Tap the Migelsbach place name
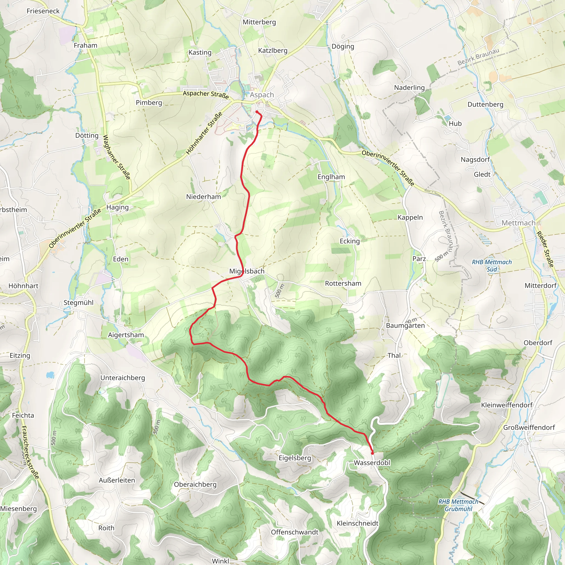[x=247, y=271]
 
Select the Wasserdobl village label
[x=372, y=463]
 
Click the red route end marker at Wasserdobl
[x=372, y=453]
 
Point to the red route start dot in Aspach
[x=257, y=112]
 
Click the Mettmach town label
[x=518, y=223]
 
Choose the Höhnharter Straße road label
[x=204, y=133]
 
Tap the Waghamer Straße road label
[x=116, y=157]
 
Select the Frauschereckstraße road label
[x=30, y=452]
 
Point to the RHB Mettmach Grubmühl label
[x=458, y=505]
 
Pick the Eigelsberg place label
[x=295, y=458]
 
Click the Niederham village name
[x=204, y=196]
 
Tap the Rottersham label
[x=343, y=283]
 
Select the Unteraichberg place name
[x=122, y=378]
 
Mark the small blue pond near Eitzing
[x=50, y=375]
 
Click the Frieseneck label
[x=43, y=11]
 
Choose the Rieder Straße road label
[x=545, y=249]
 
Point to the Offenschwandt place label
[x=294, y=532]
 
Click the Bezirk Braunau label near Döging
[x=478, y=57]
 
